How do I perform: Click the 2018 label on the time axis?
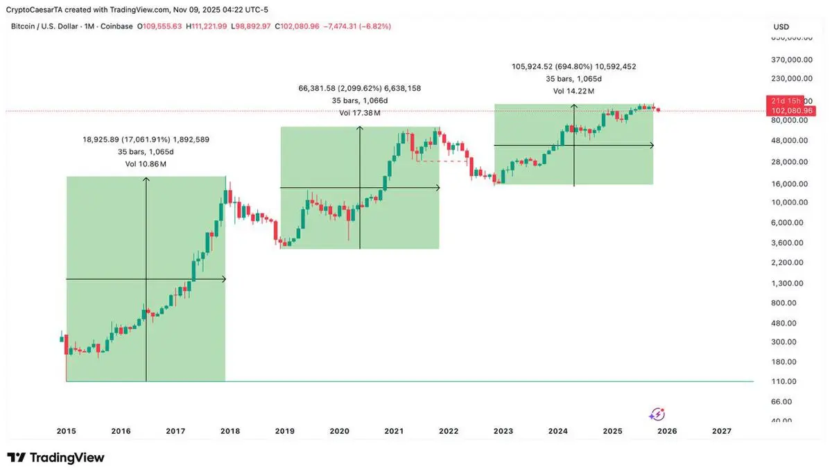[x=230, y=431]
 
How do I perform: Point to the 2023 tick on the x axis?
[x=503, y=431]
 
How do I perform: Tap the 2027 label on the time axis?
[x=722, y=431]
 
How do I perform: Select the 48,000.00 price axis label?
[x=790, y=140]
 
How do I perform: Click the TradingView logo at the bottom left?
[x=55, y=458]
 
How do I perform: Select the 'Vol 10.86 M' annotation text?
[x=146, y=164]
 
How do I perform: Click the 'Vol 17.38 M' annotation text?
[x=359, y=113]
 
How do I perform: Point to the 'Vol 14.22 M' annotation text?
[x=573, y=91]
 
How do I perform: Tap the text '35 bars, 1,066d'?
[x=359, y=101]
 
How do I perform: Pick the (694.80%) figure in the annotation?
[x=571, y=67]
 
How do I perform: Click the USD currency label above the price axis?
[x=781, y=27]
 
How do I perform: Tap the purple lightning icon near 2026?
[x=657, y=414]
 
